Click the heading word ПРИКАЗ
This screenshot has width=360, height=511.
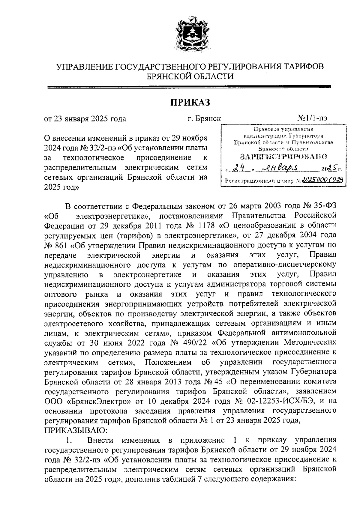coord(190,102)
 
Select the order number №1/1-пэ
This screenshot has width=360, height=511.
coord(312,118)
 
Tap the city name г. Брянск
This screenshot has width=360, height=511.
coord(204,118)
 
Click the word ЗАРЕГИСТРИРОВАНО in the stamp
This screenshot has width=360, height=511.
coord(283,157)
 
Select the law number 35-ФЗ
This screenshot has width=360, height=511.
coord(325,206)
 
